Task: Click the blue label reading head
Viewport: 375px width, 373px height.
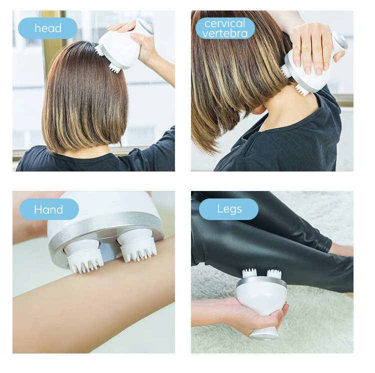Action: coord(47,28)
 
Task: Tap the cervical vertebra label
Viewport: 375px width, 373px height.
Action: coord(224,28)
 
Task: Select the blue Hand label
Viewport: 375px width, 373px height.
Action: coord(48,209)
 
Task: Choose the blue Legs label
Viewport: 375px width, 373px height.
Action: coord(228,209)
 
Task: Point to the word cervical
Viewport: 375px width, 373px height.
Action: coord(225,23)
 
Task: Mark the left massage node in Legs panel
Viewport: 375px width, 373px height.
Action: coord(249,273)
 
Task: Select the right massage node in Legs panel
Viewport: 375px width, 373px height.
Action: coord(273,273)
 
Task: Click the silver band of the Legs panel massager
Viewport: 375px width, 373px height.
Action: coord(261,282)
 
